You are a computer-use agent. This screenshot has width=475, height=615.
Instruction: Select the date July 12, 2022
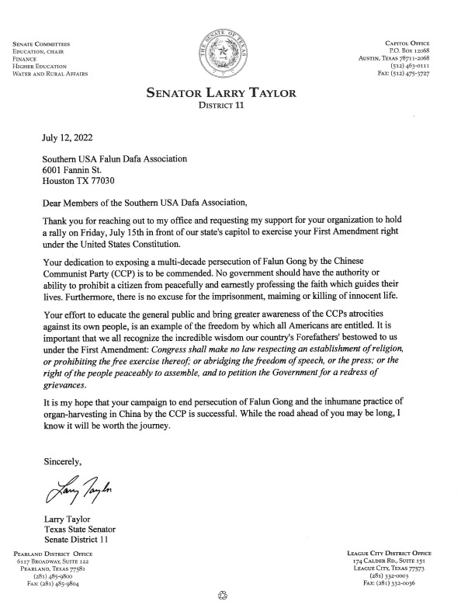pos(69,138)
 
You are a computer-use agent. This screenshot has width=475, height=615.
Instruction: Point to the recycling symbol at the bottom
pos(226,596)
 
